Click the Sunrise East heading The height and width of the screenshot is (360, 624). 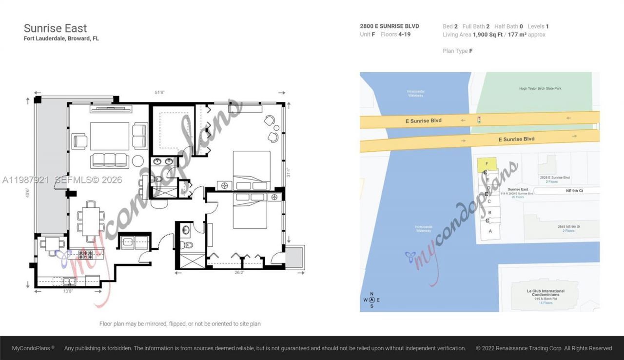pyautogui.click(x=56, y=28)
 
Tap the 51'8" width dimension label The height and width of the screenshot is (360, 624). pyautogui.click(x=159, y=92)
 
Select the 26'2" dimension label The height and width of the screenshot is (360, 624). pyautogui.click(x=239, y=273)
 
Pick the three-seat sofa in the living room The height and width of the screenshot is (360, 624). pyautogui.click(x=110, y=160)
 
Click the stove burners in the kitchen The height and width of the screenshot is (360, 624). pyautogui.click(x=85, y=254)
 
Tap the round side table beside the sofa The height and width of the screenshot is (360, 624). pyautogui.click(x=138, y=160)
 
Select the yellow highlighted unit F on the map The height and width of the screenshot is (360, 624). pyautogui.click(x=487, y=165)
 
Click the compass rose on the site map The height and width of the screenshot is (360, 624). pyautogui.click(x=371, y=300)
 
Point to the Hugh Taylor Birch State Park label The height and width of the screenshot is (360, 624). pyautogui.click(x=540, y=89)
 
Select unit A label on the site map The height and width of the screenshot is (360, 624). pyautogui.click(x=490, y=231)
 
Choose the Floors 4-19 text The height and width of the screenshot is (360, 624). pyautogui.click(x=395, y=35)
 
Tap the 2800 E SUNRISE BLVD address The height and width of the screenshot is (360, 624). pyautogui.click(x=389, y=26)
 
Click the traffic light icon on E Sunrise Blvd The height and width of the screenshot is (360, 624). pyautogui.click(x=479, y=120)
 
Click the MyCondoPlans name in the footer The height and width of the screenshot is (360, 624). pyautogui.click(x=33, y=348)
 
